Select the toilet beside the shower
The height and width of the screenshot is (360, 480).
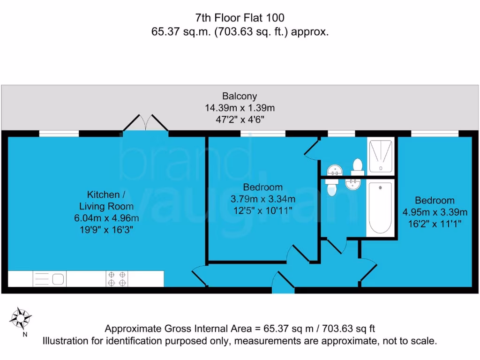point(358,165)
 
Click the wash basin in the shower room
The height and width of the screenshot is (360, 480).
point(333,169)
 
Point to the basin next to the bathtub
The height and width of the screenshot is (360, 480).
point(353,184)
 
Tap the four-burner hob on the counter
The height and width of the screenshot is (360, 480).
point(117,279)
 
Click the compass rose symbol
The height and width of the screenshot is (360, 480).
point(21,319)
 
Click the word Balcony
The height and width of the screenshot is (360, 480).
point(240,96)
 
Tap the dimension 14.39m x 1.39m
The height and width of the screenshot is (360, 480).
point(240,108)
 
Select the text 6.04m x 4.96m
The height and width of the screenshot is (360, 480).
point(106,218)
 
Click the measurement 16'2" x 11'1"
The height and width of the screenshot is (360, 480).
point(435,224)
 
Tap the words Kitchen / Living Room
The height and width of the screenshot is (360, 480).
point(106,200)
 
